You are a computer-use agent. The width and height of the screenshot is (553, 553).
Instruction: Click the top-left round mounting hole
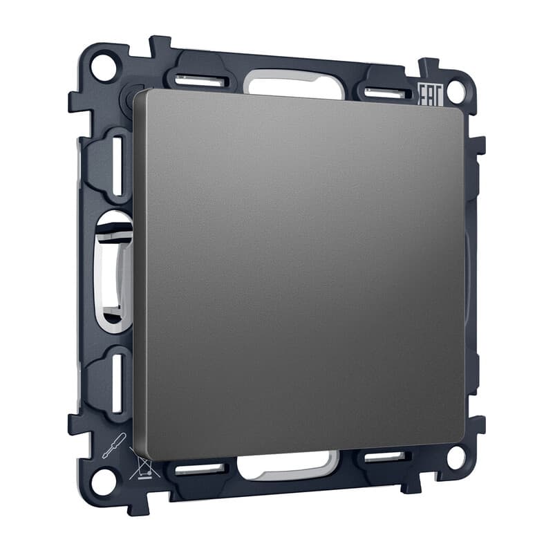(103, 67)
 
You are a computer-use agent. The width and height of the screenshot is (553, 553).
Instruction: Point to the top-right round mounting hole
(456, 91)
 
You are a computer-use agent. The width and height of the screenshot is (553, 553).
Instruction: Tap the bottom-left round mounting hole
(103, 481)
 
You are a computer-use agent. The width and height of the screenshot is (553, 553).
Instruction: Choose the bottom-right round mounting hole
(456, 457)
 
